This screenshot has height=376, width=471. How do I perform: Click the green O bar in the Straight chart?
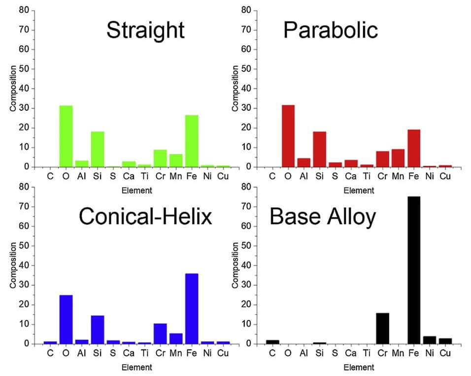coord(66,136)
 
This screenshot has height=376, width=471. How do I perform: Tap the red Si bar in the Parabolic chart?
coord(319,149)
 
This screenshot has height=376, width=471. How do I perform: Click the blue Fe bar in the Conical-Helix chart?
coord(192,309)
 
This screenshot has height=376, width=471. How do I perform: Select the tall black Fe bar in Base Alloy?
coord(414,270)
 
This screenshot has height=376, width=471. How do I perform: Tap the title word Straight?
coord(145,31)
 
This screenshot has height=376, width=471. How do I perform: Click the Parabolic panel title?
coord(330,31)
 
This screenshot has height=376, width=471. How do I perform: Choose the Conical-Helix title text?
coord(145,216)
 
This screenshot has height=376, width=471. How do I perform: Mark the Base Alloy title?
coord(322,216)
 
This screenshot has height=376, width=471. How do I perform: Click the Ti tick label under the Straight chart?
coord(144,176)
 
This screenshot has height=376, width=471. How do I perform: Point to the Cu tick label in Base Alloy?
coord(445,353)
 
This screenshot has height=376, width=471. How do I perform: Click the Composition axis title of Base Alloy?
coord(235,265)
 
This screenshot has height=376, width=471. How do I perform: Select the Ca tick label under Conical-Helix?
coord(129,353)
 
